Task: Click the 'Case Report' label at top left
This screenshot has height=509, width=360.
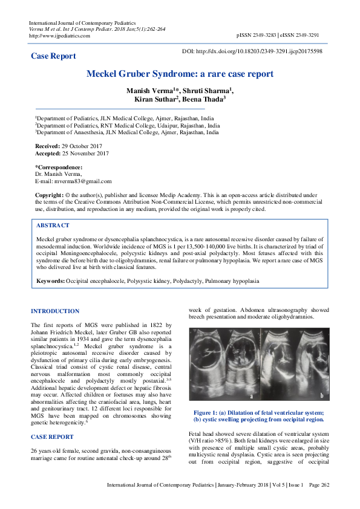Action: (53, 56)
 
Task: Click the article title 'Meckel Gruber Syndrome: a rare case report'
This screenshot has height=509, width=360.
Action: (180, 74)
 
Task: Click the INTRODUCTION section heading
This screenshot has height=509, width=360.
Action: (55, 311)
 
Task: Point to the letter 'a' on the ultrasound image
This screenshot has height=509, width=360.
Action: (251, 395)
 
